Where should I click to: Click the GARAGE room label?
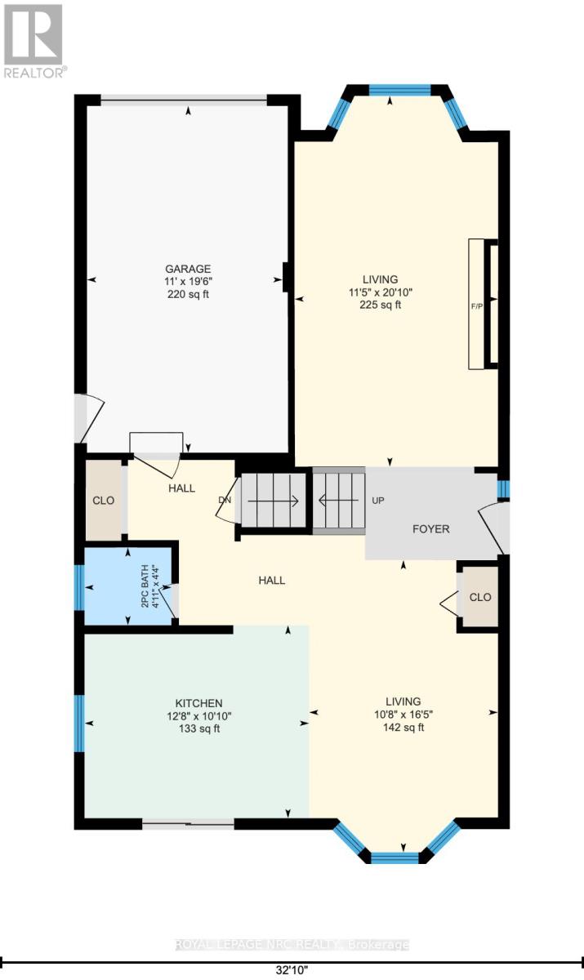188,269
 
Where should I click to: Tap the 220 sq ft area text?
188,295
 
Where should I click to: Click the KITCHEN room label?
199,703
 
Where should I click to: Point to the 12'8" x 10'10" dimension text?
199,716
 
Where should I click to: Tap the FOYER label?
430,529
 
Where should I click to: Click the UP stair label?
378,500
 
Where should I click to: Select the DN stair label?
225,500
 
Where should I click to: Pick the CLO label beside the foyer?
480,597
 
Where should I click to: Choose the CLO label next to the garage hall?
104,501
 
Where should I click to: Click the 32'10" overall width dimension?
292,972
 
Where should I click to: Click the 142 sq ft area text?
403,728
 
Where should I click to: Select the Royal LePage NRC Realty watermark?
292,945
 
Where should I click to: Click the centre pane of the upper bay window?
390,91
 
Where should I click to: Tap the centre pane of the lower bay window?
395,857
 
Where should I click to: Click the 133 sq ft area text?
199,729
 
